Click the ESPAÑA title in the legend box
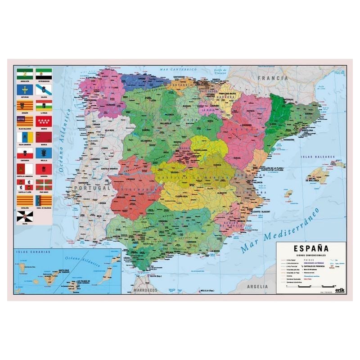pyautogui.click(x=310, y=248)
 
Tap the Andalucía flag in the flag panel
pyautogui.click(x=24, y=73)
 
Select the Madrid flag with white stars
pyautogui.click(x=44, y=121)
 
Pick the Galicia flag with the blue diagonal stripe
pyautogui.click(x=44, y=89)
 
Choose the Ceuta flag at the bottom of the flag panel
pyautogui.click(x=24, y=217)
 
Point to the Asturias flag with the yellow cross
pyautogui.click(x=24, y=89)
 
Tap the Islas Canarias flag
pyautogui.click(x=24, y=137)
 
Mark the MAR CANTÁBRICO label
pyautogui.click(x=179, y=70)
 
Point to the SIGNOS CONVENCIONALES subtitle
pyautogui.click(x=310, y=254)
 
